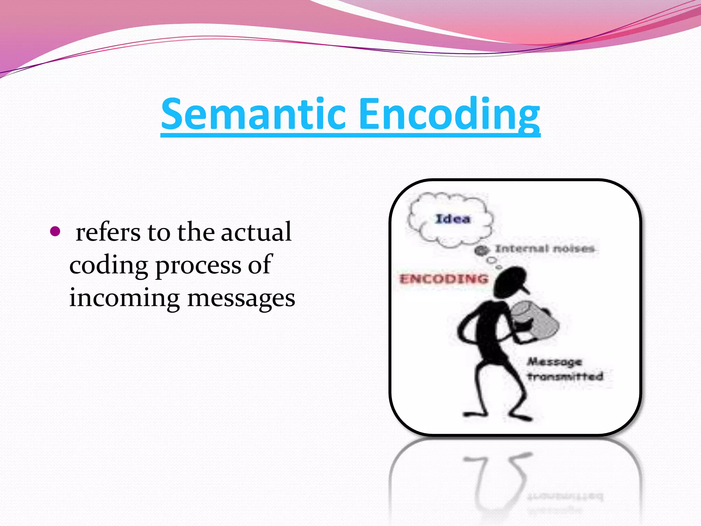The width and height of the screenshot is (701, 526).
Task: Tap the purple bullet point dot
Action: click(x=55, y=231)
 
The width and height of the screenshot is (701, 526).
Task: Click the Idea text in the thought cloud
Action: click(x=453, y=219)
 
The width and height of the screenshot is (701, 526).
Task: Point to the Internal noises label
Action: click(x=545, y=249)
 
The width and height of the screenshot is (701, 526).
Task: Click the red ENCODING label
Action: click(x=444, y=279)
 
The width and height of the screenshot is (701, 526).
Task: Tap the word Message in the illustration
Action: click(x=554, y=362)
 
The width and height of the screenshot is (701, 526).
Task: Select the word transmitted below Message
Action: click(x=565, y=377)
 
